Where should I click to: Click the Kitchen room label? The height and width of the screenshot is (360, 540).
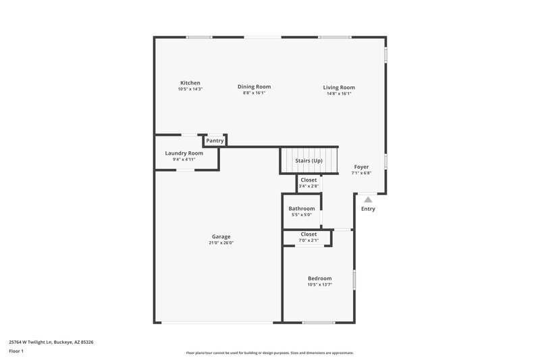[190, 83]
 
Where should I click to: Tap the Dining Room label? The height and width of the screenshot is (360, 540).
[254, 86]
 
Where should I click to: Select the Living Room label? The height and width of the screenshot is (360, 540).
[338, 87]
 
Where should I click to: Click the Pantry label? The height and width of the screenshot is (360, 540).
[215, 140]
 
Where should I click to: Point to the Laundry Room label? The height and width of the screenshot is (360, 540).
[184, 153]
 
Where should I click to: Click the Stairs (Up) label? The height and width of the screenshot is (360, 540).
[309, 161]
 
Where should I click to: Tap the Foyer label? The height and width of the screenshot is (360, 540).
[362, 167]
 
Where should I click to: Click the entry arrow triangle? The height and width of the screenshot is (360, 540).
[368, 199]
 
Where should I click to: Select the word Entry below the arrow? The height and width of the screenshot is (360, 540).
[368, 209]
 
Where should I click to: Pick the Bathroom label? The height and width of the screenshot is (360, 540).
[302, 209]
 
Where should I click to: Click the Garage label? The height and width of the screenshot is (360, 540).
[221, 236]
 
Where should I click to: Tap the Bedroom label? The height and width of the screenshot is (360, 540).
[319, 278]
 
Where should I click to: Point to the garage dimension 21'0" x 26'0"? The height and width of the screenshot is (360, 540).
[221, 242]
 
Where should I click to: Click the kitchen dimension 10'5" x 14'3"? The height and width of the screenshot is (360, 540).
[190, 89]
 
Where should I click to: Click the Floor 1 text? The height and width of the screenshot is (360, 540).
[17, 351]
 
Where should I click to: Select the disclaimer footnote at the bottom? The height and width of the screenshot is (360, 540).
[270, 353]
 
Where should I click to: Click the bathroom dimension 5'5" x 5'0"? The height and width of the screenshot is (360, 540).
[302, 215]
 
